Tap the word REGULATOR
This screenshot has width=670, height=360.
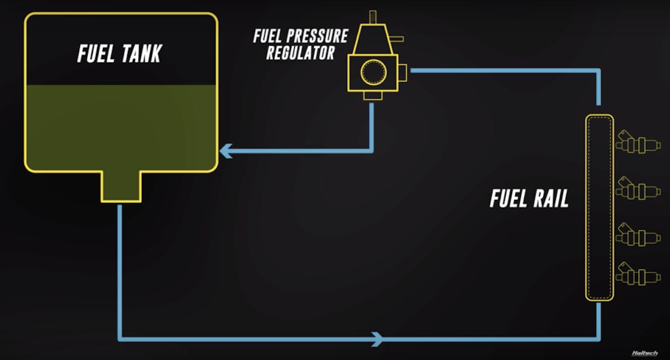300,53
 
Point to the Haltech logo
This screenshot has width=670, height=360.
645,353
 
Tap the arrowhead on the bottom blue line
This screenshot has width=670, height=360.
378,338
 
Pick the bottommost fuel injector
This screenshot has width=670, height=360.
638,276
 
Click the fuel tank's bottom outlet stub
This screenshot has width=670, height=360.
121,186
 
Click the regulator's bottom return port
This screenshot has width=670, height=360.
372,95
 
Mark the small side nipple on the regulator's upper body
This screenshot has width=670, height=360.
398,39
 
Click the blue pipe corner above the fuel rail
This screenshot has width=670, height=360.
599,71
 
